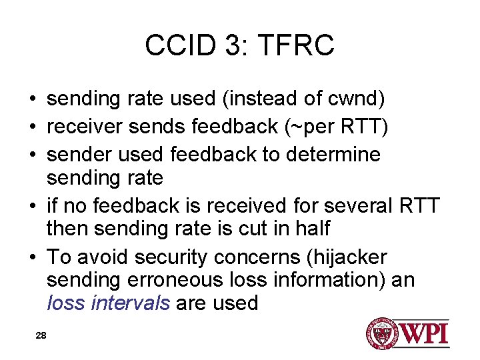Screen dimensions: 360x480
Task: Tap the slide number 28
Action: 41,335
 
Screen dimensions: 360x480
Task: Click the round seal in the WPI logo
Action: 382,333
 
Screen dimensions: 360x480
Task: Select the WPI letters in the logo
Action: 424,333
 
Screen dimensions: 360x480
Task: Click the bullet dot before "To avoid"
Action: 32,257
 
